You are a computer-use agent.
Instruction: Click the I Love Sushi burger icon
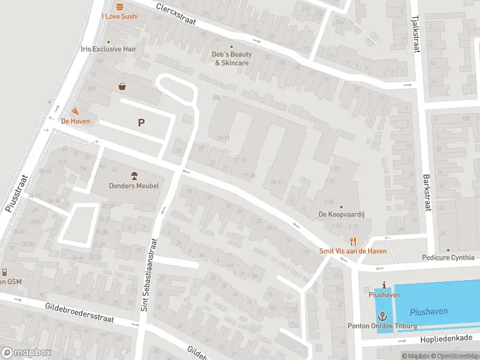pos(119,7)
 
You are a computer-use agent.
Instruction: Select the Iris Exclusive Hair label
pos(109,49)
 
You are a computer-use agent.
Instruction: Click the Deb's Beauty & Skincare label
pos(232,58)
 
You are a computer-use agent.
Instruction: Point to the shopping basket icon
pos(122,86)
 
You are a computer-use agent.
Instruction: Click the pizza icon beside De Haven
pos(75,111)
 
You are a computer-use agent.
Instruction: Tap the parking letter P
pos(142,123)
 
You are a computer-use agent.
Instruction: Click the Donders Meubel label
pos(134,186)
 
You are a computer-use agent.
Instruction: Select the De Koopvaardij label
pos(341,214)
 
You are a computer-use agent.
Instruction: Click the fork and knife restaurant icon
pos(353,241)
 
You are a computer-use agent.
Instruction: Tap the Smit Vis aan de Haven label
pos(353,251)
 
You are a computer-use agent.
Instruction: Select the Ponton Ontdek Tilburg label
pos(382,326)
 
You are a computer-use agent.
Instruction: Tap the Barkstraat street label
pos(427,192)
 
